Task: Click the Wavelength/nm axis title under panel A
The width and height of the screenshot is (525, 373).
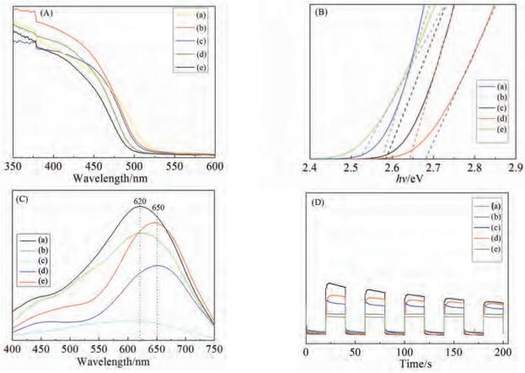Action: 113,178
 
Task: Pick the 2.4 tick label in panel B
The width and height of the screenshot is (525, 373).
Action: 311,167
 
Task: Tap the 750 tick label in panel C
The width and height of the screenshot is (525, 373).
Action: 216,349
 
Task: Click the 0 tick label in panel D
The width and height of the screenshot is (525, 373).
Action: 306,351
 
